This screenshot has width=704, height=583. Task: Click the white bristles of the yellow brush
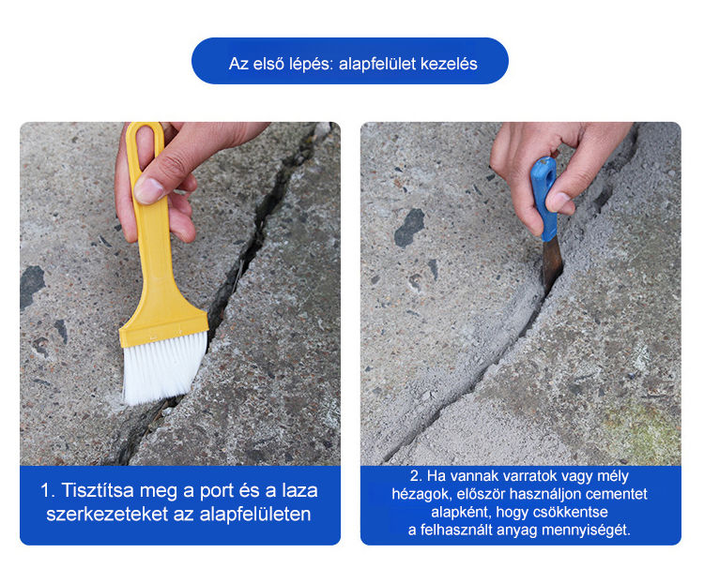point(164,367)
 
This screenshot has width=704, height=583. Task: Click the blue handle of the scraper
point(544,198)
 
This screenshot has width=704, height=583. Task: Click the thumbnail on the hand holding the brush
point(149,190)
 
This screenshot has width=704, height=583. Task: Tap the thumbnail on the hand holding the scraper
point(559,202)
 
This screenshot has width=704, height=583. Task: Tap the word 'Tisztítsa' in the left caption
point(98,490)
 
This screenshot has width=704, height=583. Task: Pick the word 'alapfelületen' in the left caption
point(255,514)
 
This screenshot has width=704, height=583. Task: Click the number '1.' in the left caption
point(48,490)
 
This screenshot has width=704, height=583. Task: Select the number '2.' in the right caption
point(416,476)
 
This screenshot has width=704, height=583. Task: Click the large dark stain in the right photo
point(409,228)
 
